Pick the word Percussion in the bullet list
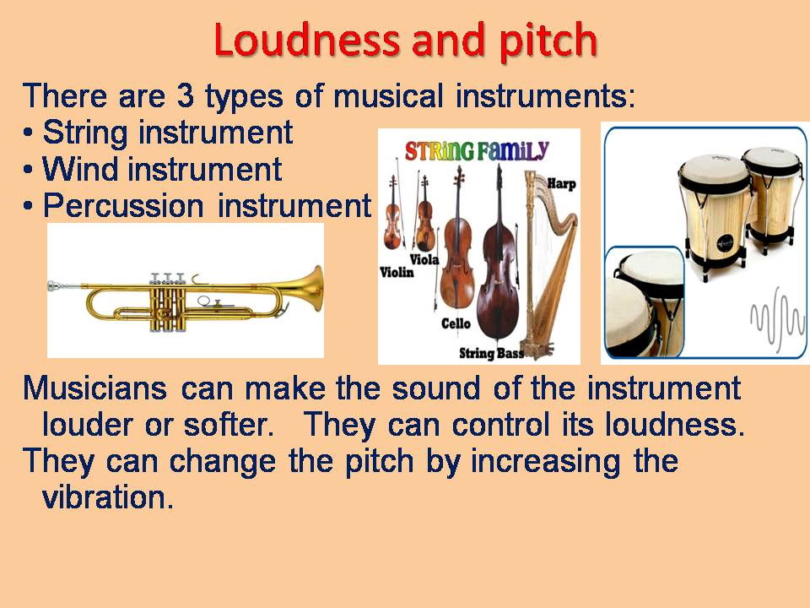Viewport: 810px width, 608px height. [x=123, y=206]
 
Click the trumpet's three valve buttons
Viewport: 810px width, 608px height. [x=168, y=277]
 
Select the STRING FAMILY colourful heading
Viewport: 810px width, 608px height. [x=477, y=152]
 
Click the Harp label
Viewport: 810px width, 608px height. [x=560, y=183]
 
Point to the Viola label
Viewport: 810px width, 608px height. [x=424, y=259]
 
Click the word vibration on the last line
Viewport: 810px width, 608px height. [x=107, y=498]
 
